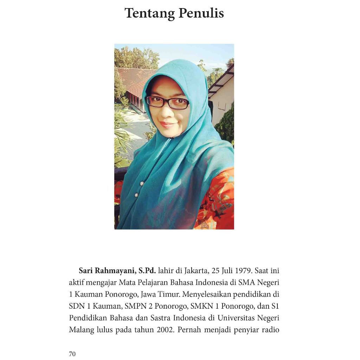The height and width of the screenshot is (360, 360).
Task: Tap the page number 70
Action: point(72,354)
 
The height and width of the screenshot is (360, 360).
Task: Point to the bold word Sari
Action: point(86,271)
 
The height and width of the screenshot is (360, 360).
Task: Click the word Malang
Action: point(81,330)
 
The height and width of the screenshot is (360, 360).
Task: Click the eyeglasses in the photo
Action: point(168,102)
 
